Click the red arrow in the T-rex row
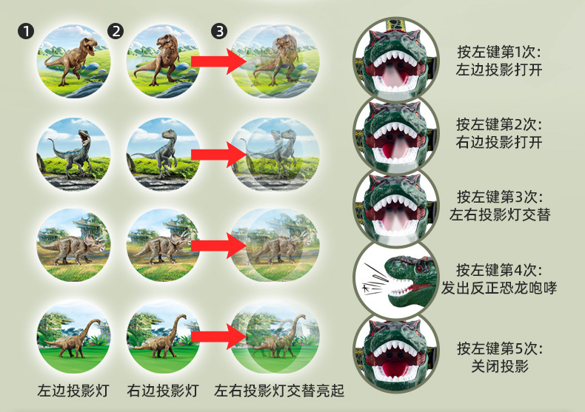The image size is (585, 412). click(219, 62)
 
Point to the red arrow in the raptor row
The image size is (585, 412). click(219, 155)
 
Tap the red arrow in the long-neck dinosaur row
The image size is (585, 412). click(219, 337)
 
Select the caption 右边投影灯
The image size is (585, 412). click(163, 389)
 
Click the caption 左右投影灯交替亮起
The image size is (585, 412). click(280, 389)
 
